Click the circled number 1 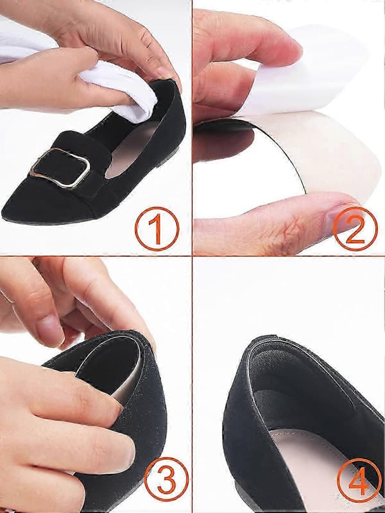pos(157,229)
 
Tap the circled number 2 pos(355,229)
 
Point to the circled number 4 pos(359,480)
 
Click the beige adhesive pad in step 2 pos(327,154)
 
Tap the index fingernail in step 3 pos(49,330)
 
